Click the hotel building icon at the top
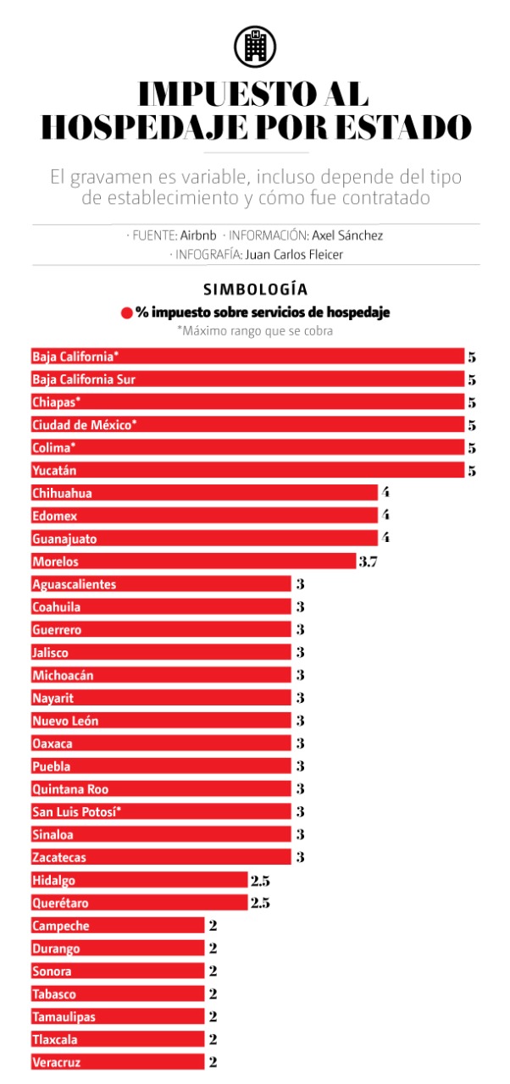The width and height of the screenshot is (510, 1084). [255, 46]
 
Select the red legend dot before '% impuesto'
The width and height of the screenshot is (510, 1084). [127, 313]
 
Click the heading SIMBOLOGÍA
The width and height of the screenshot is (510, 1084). [255, 290]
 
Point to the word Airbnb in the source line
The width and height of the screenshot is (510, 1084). [198, 235]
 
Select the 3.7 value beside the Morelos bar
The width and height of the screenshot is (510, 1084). [368, 561]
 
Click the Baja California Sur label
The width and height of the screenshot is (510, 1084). [84, 379]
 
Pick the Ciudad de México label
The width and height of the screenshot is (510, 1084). [84, 425]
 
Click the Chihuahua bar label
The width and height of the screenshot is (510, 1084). [62, 493]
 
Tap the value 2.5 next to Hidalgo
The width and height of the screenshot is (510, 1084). [260, 881]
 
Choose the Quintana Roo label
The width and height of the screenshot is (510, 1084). [68, 789]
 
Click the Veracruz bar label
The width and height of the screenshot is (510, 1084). [57, 1063]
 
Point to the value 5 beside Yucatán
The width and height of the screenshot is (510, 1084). [472, 471]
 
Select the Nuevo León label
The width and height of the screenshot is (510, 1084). [65, 721]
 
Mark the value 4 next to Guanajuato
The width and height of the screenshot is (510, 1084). [385, 539]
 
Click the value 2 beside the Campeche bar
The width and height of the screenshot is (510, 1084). [213, 926]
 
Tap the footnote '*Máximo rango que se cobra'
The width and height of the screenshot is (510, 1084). [255, 331]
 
